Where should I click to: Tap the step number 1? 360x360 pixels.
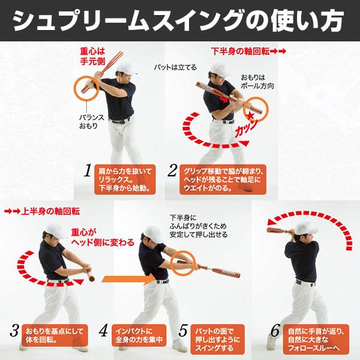click(87, 172)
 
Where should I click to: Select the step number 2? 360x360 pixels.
click(172, 172)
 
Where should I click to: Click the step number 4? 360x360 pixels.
click(103, 329)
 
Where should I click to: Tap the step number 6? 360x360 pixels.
click(275, 329)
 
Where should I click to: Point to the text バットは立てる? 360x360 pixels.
click(175, 67)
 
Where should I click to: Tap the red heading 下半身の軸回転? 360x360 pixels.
click(240, 50)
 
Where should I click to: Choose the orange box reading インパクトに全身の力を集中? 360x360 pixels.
click(138, 336)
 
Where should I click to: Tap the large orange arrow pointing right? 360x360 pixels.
click(123, 278)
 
